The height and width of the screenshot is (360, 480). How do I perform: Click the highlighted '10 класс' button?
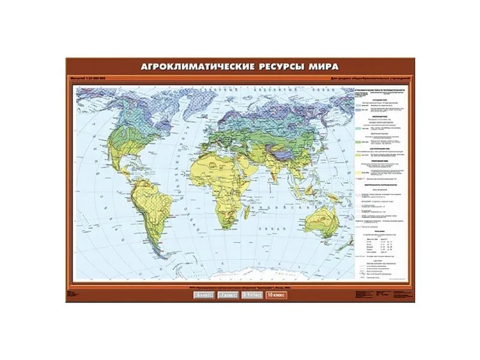click(277, 295)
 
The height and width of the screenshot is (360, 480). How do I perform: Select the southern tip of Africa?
click(224, 229)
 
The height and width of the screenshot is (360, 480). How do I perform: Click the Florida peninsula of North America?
click(131, 157)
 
